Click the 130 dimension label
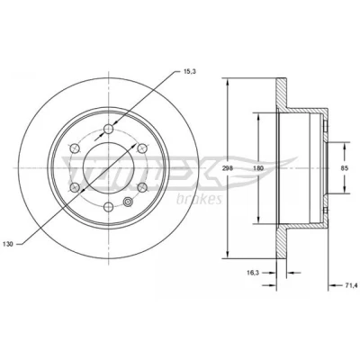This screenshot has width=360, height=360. (x=8, y=244)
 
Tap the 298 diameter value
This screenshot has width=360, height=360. (x=228, y=168)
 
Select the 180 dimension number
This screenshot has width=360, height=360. (x=257, y=168)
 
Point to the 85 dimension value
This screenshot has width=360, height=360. (x=345, y=168)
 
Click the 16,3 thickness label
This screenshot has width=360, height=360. (x=252, y=273)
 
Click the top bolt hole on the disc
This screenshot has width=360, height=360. (x=108, y=130)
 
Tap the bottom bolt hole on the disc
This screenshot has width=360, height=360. (x=108, y=207)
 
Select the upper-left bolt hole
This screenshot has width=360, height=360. (x=75, y=148)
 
